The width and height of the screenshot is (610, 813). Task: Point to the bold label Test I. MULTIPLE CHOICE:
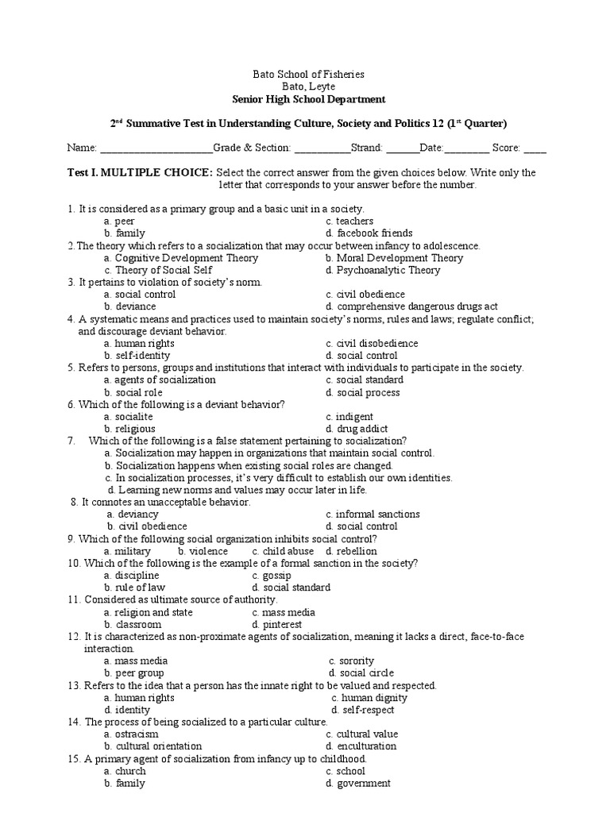(x=140, y=172)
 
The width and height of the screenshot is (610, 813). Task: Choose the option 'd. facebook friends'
(x=369, y=233)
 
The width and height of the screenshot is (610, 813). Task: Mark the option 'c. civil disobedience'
(x=371, y=343)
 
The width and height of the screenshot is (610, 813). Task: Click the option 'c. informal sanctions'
(x=373, y=514)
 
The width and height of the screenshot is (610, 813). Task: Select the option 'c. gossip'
(x=272, y=576)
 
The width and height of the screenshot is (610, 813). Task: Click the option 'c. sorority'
(x=351, y=661)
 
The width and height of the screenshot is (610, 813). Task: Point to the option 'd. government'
(x=357, y=783)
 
